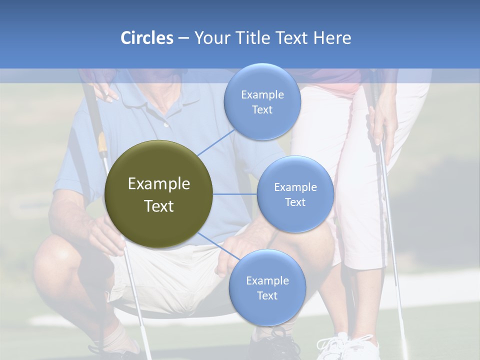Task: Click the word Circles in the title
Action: coord(146,38)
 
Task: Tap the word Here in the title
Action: coord(332,38)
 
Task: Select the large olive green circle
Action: coord(158,194)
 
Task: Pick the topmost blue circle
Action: coord(262,102)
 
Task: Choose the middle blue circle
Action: coord(295,194)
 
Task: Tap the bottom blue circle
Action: coord(267,287)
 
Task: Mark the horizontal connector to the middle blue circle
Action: coord(234,194)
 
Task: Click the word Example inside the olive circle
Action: coord(158,184)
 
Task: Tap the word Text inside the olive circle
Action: coord(158,206)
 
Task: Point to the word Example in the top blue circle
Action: coord(262,95)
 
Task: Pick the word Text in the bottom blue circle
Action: coord(267,295)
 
